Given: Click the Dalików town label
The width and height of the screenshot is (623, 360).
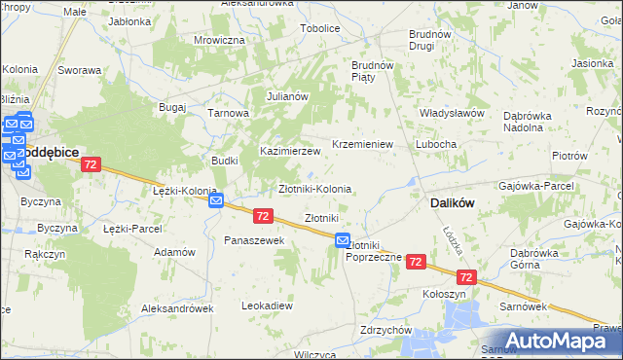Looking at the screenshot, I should coord(452,204).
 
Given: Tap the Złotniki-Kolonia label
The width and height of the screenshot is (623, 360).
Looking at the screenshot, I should coord(314,188).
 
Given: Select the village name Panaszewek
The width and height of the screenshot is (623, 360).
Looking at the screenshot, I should coord(253,239).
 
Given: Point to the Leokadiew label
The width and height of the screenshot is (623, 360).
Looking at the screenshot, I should coord(267,306).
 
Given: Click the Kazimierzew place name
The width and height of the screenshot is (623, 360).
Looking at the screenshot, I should coord(289,151).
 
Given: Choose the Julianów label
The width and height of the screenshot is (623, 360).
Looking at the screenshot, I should coord(287,96).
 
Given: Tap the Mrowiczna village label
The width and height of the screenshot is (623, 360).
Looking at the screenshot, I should coord(219,40).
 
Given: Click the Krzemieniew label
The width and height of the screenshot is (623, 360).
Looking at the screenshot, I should coord(361,144).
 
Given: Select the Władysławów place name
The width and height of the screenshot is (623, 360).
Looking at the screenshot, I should coord(452,113).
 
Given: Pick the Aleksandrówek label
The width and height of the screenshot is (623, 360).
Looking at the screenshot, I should coord(175,307).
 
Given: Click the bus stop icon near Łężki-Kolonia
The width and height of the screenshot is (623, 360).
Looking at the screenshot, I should coord(216,200).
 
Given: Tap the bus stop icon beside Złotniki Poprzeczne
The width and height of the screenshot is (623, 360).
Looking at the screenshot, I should coord(343,240).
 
